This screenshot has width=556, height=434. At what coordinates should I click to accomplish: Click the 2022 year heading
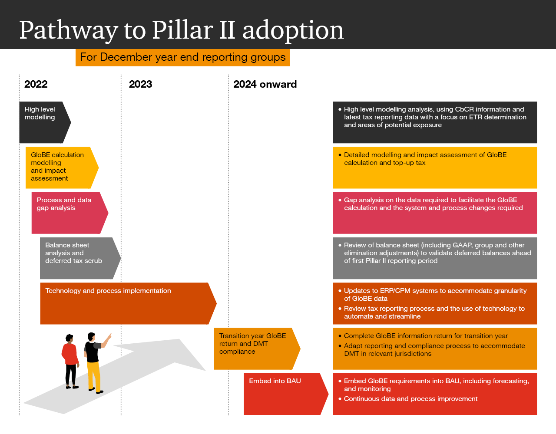(x=36, y=84)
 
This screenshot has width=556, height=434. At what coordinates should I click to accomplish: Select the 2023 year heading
(x=140, y=84)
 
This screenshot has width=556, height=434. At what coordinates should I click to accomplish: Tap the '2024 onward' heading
(x=265, y=84)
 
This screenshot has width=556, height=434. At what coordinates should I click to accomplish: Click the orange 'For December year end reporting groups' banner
(x=182, y=57)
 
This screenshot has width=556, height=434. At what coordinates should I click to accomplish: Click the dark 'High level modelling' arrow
(x=43, y=122)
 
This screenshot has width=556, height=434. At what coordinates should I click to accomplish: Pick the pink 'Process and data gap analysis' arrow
(x=67, y=213)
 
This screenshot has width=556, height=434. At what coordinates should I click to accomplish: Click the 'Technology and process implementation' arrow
(x=126, y=303)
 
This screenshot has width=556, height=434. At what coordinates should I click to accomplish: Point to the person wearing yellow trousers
(x=93, y=362)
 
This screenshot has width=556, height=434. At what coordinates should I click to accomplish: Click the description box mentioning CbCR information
(x=435, y=122)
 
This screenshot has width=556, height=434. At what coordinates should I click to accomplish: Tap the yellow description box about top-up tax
(x=435, y=168)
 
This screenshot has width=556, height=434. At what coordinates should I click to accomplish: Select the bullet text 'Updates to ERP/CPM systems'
(x=435, y=295)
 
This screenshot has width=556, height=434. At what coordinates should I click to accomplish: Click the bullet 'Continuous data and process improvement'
(x=410, y=399)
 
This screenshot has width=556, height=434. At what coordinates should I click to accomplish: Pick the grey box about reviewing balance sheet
(x=435, y=258)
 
